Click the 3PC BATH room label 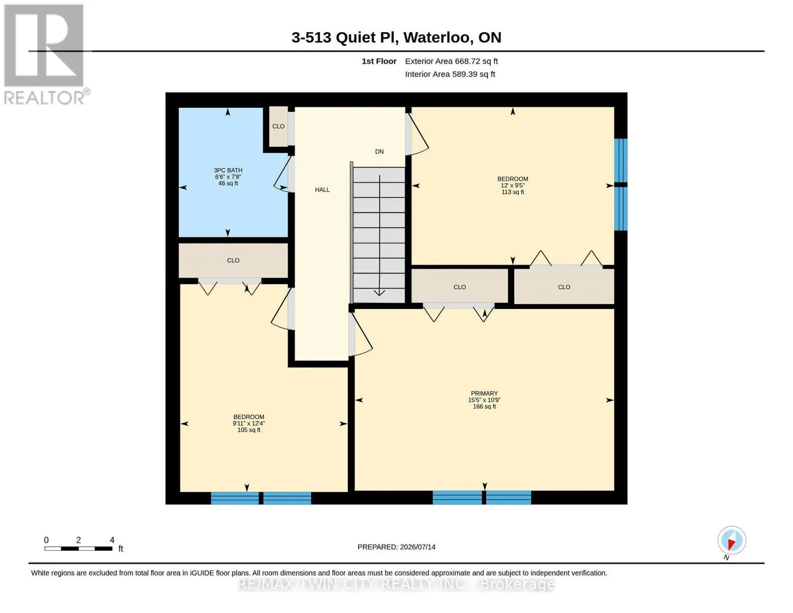tap(228, 170)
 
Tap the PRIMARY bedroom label tap(484, 393)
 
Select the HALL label tap(322, 190)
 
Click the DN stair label tap(379, 152)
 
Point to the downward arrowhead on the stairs tap(379, 292)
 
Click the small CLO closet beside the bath tap(278, 126)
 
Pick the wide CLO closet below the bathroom tap(233, 261)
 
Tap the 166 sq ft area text tap(484, 406)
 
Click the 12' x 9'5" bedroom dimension tap(512, 185)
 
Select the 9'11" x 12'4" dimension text tap(249, 423)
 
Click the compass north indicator tap(731, 540)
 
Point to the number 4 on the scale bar tap(112, 540)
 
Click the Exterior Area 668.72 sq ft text tap(451, 61)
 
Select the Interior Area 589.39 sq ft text tap(450, 74)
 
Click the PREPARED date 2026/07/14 tap(418, 547)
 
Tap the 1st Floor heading tap(379, 61)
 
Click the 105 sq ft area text tap(249, 430)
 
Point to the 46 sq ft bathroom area tap(228, 183)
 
